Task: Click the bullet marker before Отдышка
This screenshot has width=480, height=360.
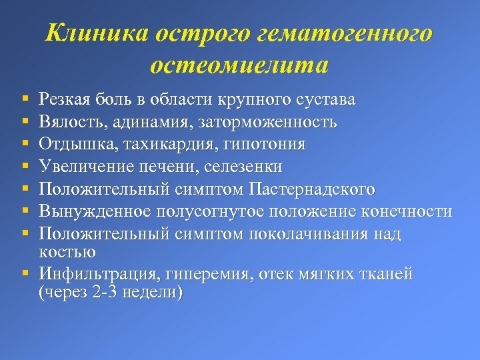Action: coord(24,145)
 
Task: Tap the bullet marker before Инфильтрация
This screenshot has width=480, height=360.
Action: coord(24,274)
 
